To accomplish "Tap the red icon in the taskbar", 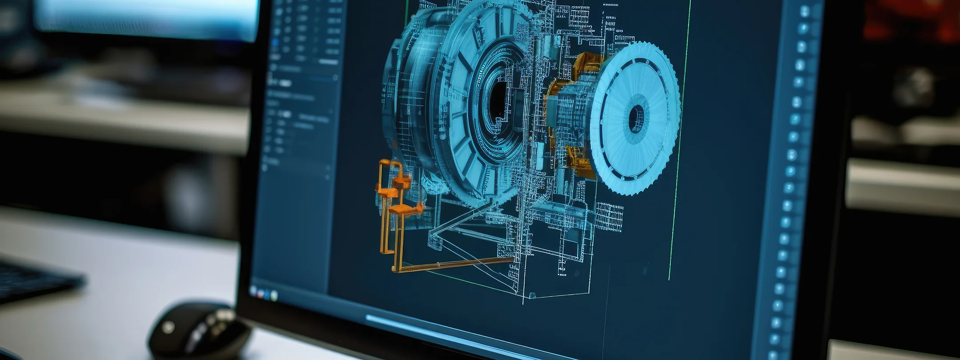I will point(260,293).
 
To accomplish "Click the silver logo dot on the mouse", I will point(168,328).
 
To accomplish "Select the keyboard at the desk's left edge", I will point(36,280).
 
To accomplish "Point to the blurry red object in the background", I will point(911,22).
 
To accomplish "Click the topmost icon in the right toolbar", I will point(804,11).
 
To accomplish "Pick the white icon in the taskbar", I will point(274,295).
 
